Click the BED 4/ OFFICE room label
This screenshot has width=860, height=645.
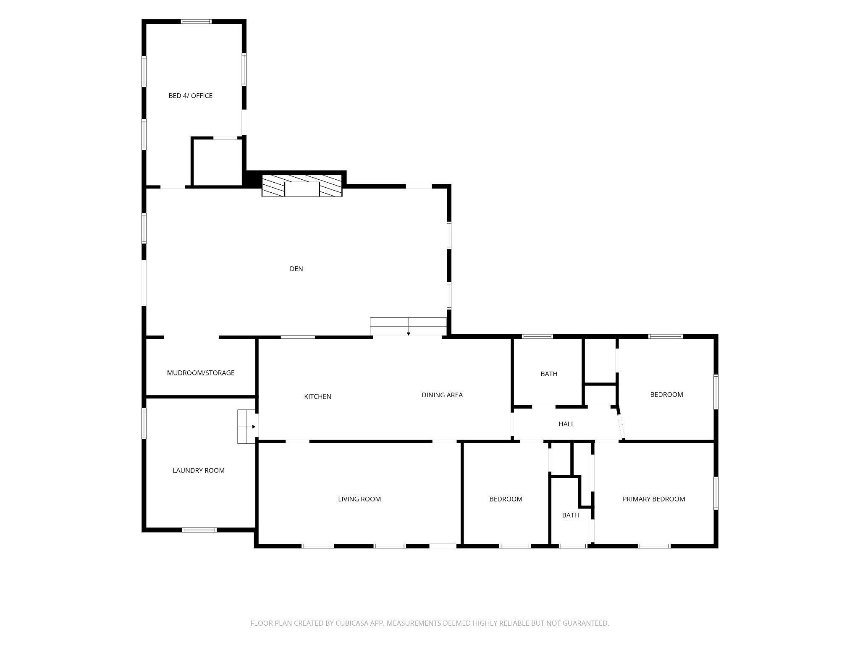pyautogui.click(x=190, y=96)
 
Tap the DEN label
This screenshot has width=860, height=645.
pyautogui.click(x=296, y=269)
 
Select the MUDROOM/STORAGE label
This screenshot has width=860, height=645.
pyautogui.click(x=201, y=373)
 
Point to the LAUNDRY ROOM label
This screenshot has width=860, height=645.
pyautogui.click(x=199, y=471)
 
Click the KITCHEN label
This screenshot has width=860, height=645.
pyautogui.click(x=318, y=396)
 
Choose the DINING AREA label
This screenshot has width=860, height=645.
pyautogui.click(x=442, y=395)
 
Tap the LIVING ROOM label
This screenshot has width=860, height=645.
pyautogui.click(x=359, y=499)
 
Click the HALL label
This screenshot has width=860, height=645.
pyautogui.click(x=566, y=424)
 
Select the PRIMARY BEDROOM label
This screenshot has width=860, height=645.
pyautogui.click(x=654, y=499)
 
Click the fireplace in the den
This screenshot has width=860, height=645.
pyautogui.click(x=302, y=186)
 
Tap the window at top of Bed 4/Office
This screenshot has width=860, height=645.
pyautogui.click(x=196, y=21)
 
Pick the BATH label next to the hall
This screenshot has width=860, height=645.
pyautogui.click(x=549, y=374)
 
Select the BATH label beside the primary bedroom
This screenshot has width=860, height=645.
pyautogui.click(x=571, y=515)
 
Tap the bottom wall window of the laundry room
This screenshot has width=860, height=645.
pyautogui.click(x=199, y=530)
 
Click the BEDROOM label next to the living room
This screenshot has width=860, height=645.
pyautogui.click(x=506, y=499)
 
